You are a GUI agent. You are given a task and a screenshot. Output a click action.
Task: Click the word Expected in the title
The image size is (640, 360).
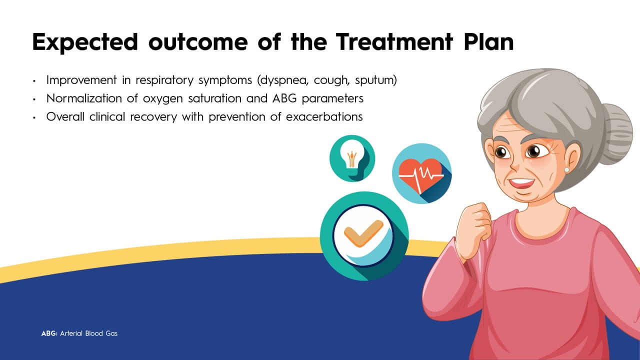coord(85,42)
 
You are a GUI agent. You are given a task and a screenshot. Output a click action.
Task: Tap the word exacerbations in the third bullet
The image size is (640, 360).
coord(324,116)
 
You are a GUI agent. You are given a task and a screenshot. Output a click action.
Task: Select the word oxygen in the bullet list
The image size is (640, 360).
coord(163,99)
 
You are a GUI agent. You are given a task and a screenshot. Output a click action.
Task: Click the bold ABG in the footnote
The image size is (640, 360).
coord(49,333)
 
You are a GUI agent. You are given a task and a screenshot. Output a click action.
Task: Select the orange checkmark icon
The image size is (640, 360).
coord(363,233)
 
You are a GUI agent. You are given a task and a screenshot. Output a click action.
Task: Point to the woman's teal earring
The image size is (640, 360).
coord(566,170)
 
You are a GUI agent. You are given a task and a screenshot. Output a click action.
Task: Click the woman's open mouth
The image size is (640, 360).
coord(521,183)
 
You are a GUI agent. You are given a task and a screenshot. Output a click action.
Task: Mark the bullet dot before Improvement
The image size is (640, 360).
coord(34,81)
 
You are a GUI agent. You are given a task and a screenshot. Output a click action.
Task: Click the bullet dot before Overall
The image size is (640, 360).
coord(34,117)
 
